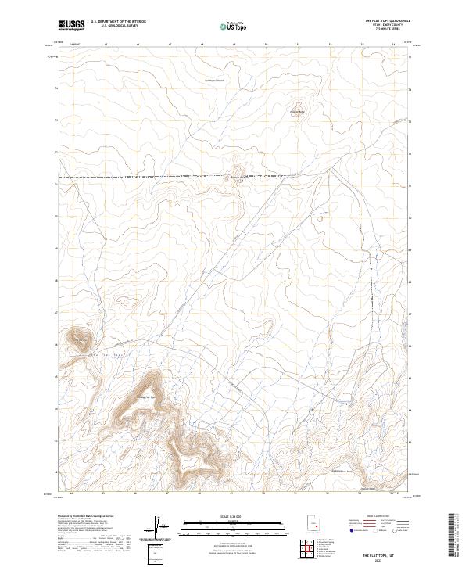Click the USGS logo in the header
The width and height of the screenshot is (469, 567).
(x=72, y=25)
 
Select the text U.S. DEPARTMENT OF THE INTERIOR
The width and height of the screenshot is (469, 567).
(x=118, y=22)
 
